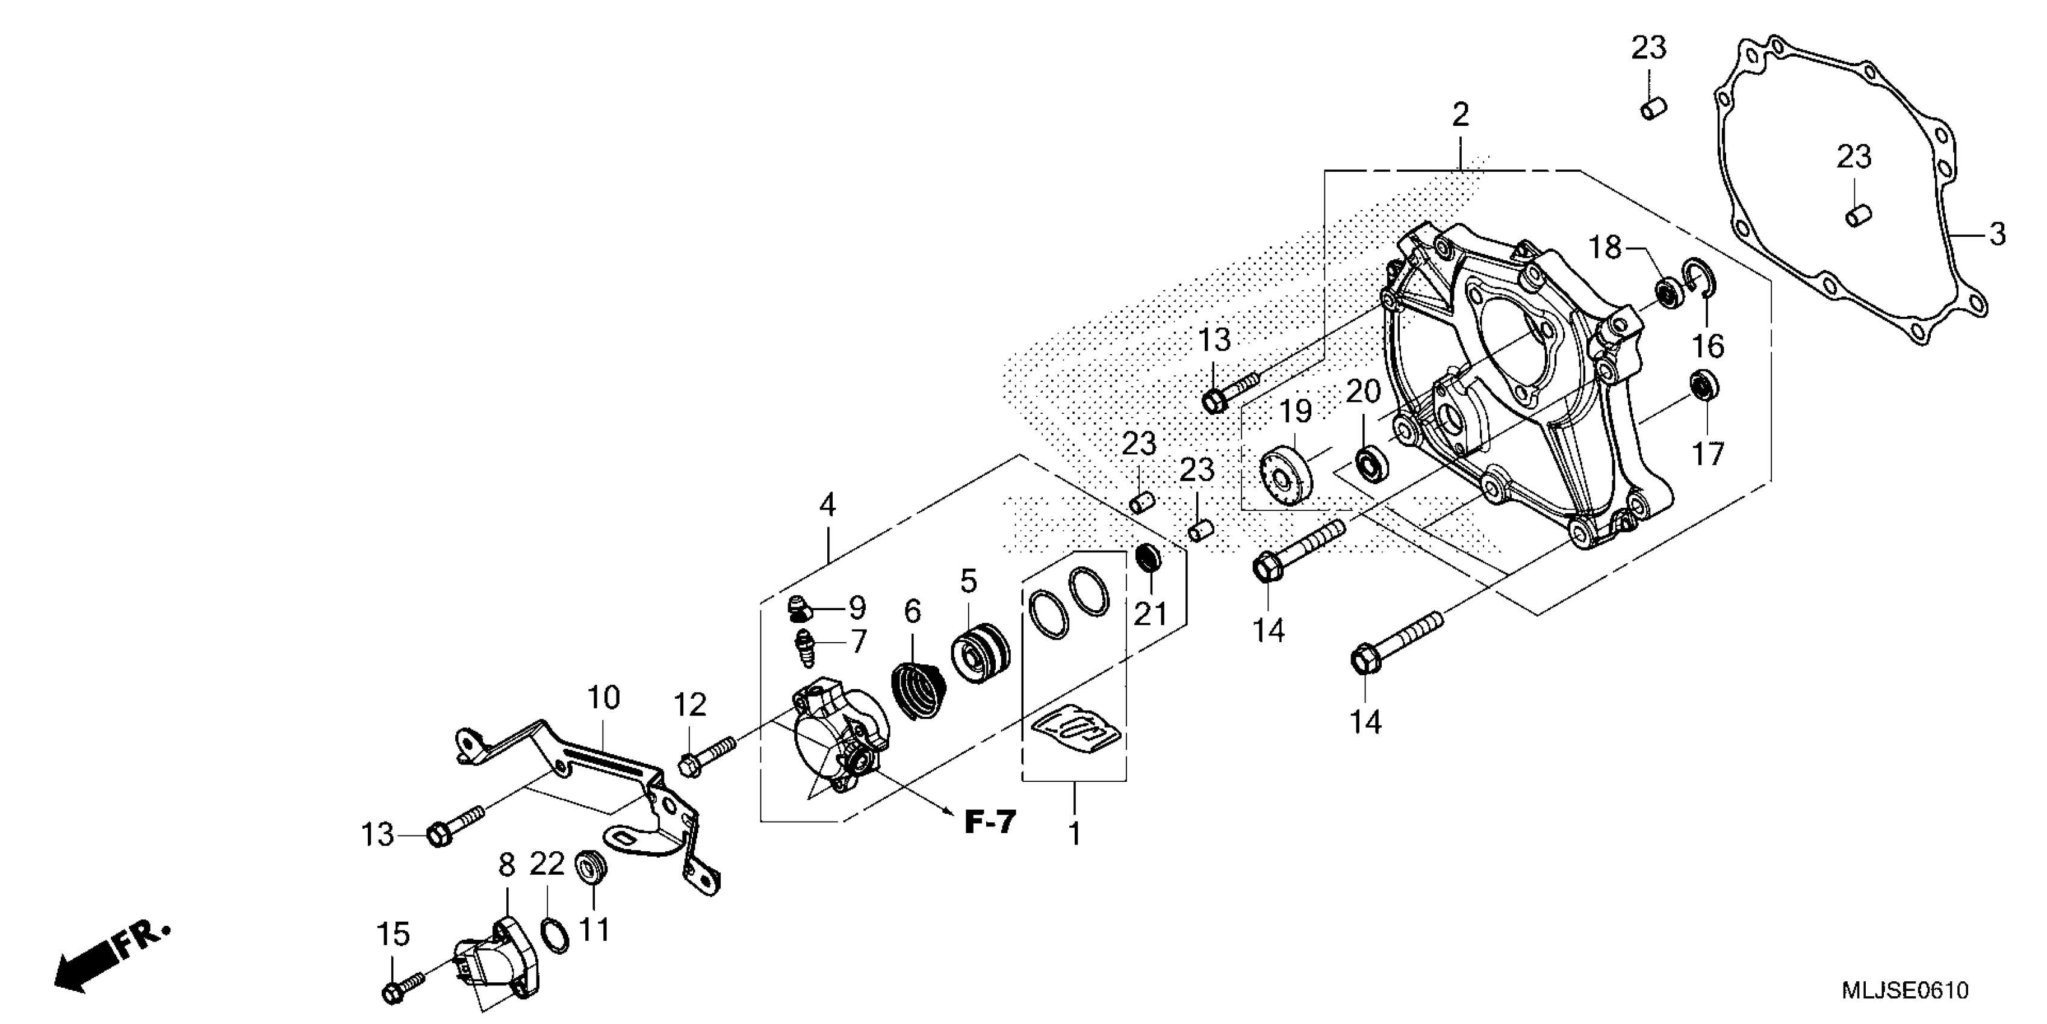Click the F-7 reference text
point(990,822)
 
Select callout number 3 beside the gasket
point(1997,234)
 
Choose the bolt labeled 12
point(706,755)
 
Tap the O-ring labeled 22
point(554,934)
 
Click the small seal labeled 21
point(1148,557)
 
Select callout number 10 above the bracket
point(603,698)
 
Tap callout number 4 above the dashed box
point(827,505)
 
